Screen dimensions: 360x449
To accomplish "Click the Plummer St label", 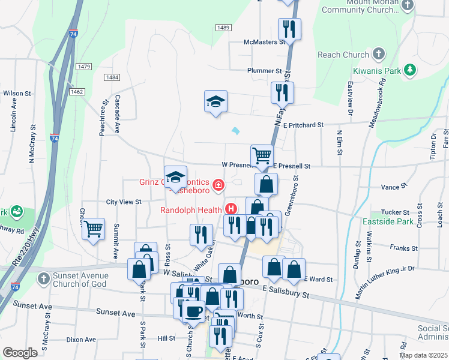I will tap(265, 70).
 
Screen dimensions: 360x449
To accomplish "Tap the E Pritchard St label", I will tap(304, 125).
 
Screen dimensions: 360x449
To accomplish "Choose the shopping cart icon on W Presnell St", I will tap(262, 155).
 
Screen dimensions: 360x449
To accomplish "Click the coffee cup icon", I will tap(194, 311).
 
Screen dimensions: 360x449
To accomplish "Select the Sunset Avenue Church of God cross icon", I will tap(43, 278).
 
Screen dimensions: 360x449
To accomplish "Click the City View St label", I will tap(123, 202).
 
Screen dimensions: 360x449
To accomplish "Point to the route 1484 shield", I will tap(111, 77).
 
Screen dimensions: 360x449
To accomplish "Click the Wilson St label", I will tap(17, 94).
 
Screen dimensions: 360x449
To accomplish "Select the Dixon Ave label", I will tap(81, 340).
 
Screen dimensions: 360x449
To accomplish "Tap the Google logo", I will tap(20, 353).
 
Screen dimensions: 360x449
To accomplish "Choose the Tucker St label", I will tap(395, 212).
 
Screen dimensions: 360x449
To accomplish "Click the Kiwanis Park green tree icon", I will tap(411, 70).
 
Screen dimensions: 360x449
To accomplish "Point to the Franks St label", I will tap(403, 248).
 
